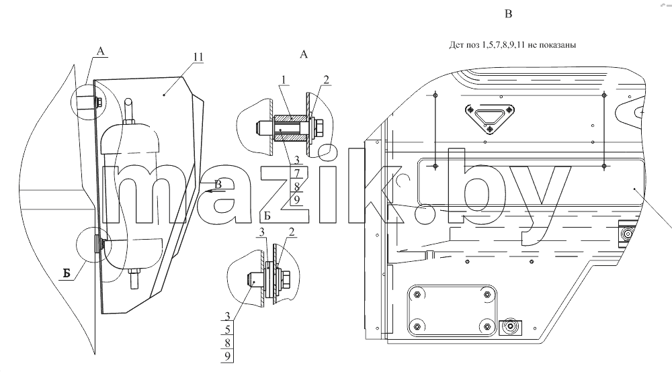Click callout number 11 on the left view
198,57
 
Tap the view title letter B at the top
508,14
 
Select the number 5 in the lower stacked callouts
228,330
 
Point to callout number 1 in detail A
284,80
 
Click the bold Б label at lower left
67,273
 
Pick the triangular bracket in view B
490,117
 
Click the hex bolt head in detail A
319,127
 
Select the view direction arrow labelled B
214,191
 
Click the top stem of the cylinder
128,111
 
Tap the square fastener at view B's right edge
626,234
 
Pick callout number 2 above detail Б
292,232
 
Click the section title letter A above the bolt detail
304,54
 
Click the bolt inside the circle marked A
98,102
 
